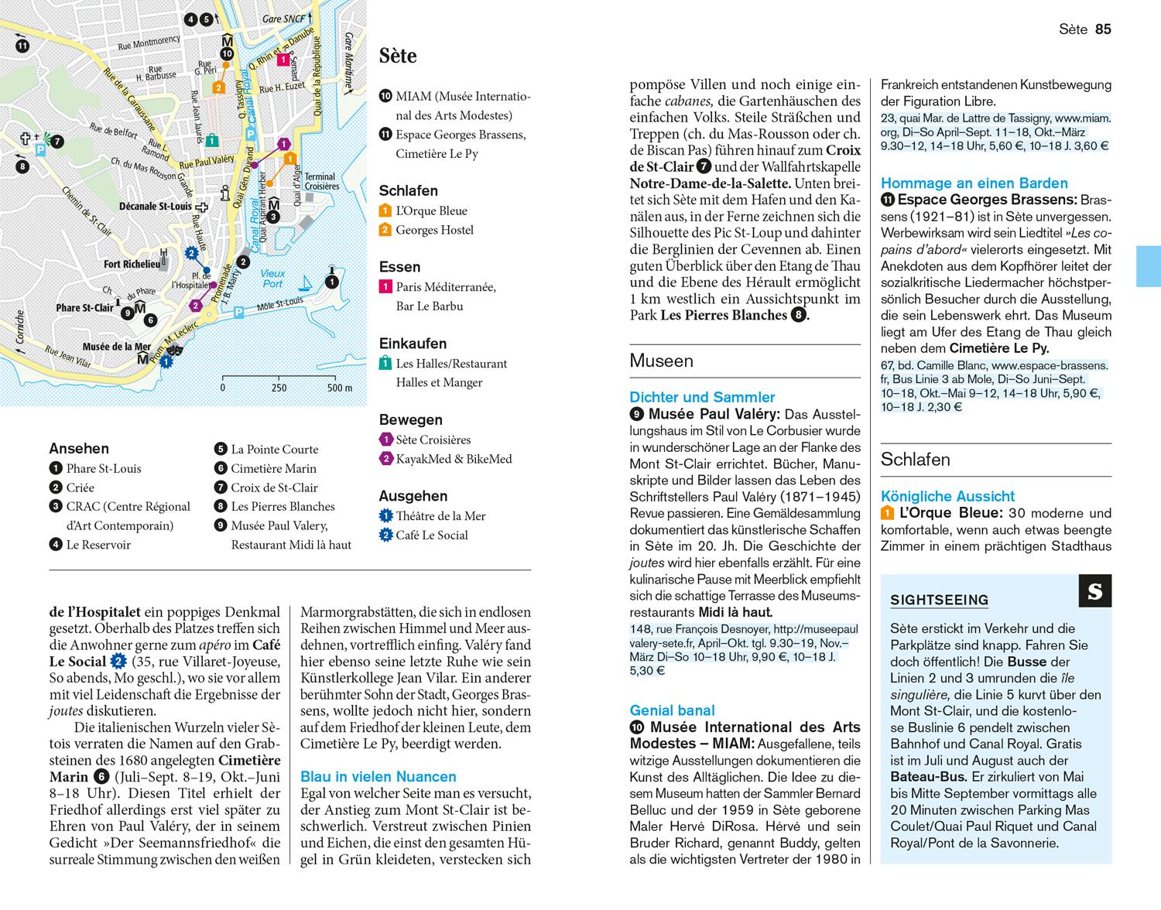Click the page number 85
click(1103, 29)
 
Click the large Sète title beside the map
click(398, 56)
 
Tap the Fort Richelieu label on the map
click(132, 264)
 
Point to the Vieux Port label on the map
click(272, 279)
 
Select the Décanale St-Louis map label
click(156, 207)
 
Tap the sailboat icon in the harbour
click(308, 283)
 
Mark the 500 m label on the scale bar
click(339, 388)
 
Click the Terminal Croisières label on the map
click(320, 181)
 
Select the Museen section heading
click(661, 361)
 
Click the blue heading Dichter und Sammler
click(702, 397)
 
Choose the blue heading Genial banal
click(672, 710)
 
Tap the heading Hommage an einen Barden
click(974, 183)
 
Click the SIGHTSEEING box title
click(939, 600)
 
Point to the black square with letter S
click(1094, 591)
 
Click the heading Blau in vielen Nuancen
click(378, 776)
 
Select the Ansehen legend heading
click(79, 449)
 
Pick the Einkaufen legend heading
click(413, 344)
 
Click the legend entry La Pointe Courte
click(274, 450)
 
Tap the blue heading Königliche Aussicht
click(947, 496)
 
